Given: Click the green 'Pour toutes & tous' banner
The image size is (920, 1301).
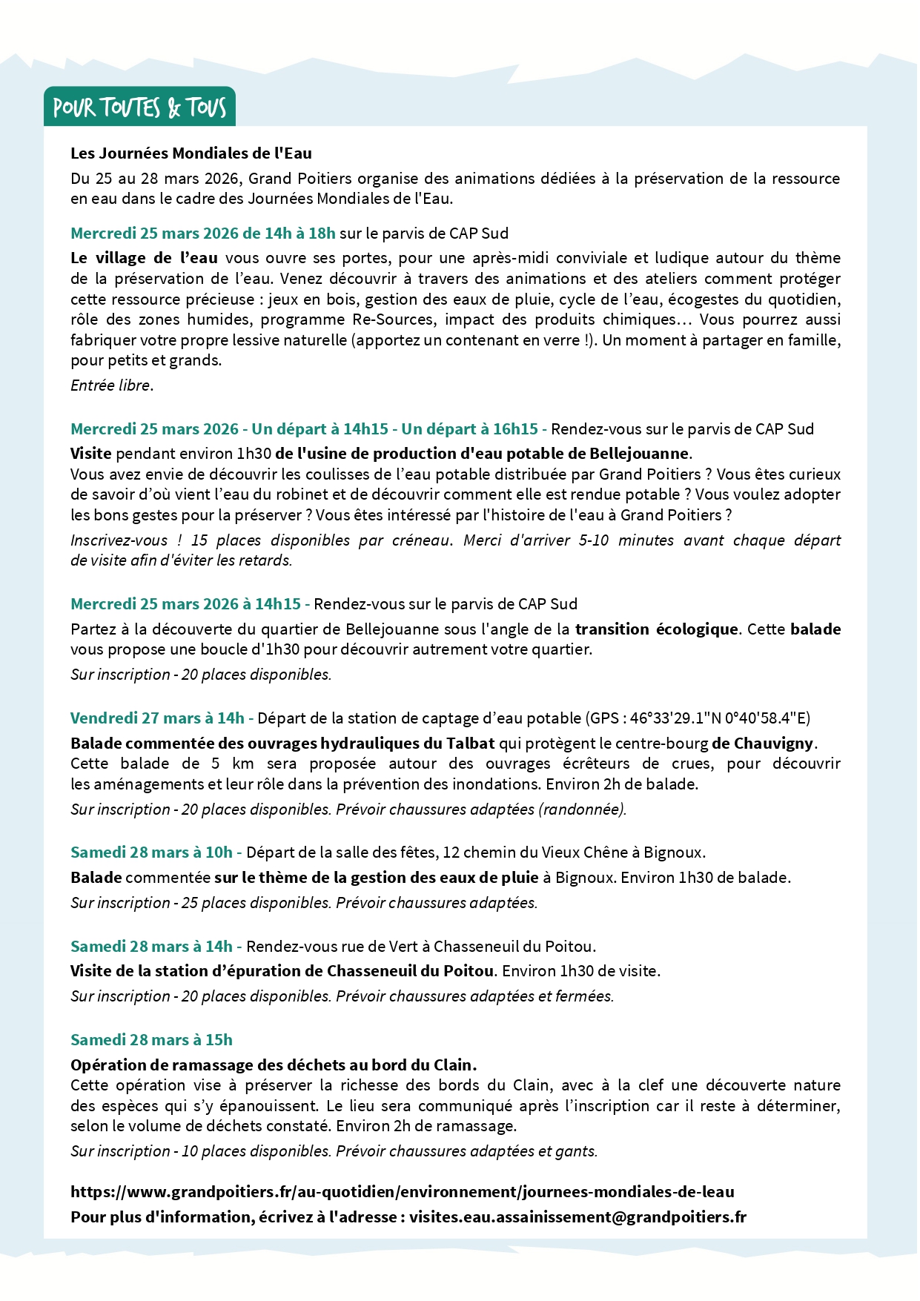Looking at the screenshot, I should click(139, 107).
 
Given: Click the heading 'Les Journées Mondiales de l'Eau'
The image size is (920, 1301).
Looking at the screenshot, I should click(191, 153).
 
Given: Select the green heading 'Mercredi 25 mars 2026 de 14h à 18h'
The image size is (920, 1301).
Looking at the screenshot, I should click(203, 234).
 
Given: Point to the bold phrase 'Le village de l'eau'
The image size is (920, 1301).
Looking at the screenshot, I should click(144, 258).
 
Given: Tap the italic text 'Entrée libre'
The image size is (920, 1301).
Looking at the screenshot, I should click(110, 385).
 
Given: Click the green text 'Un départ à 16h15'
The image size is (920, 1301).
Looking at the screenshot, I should click(469, 429).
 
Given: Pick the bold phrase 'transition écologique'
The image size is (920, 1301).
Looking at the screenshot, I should click(657, 629).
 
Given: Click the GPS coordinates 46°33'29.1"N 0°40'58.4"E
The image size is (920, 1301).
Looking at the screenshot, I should click(720, 718).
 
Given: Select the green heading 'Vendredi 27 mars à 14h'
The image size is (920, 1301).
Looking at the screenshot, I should click(157, 718).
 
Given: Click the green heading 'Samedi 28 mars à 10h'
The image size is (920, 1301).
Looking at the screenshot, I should click(151, 853).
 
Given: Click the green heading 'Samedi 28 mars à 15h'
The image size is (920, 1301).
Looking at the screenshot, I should click(151, 1040).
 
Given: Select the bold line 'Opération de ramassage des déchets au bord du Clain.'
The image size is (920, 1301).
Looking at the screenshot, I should click(274, 1065).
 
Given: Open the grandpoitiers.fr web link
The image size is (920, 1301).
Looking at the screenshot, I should click(403, 1192).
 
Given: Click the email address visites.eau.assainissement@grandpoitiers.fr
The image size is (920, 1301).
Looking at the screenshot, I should click(578, 1217).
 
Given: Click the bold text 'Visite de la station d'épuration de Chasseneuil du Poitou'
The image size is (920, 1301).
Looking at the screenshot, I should click(282, 971).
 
